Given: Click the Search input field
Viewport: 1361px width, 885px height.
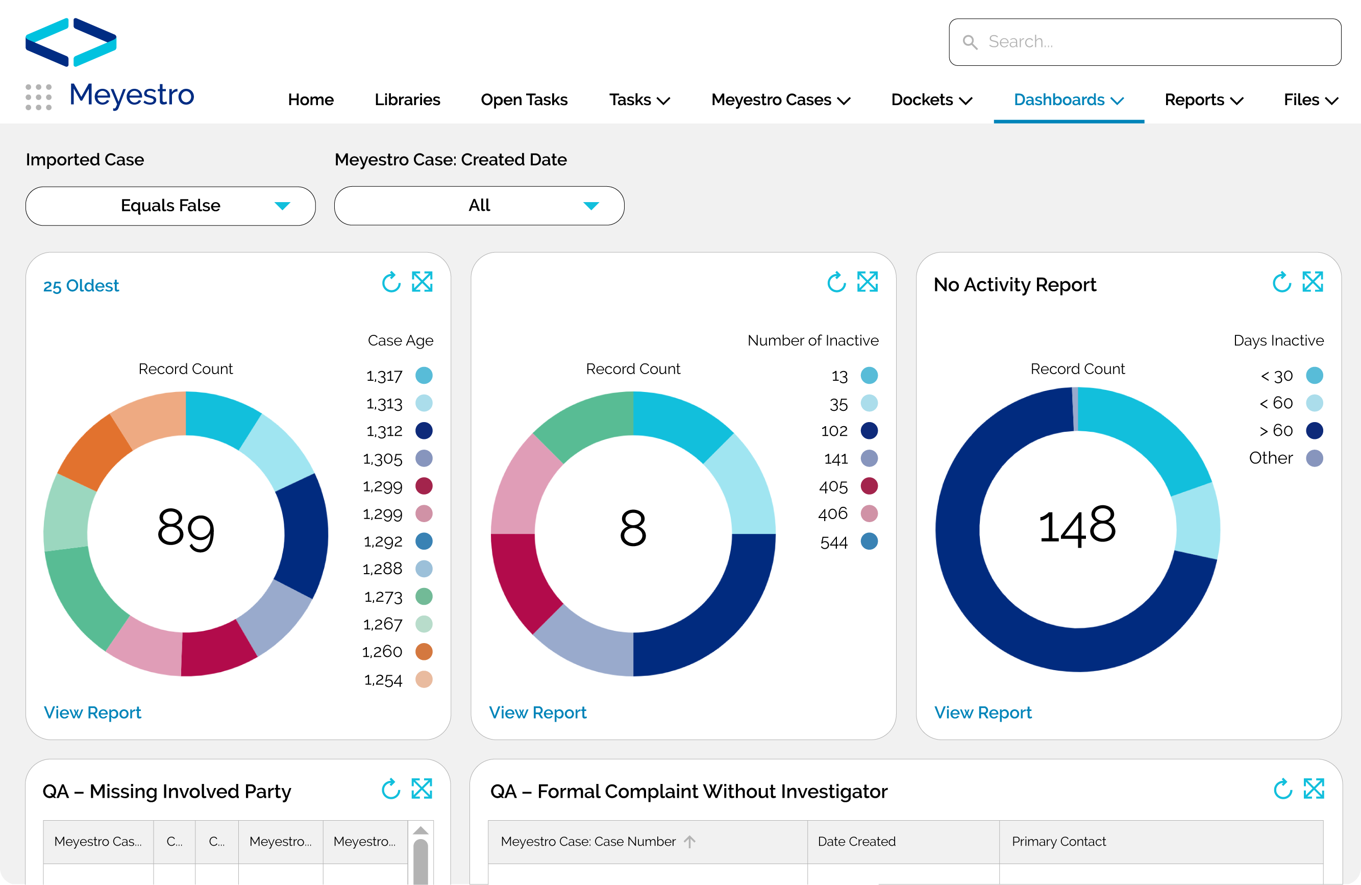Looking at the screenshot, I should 1144,42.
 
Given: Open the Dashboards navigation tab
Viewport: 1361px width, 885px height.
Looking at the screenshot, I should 1068,100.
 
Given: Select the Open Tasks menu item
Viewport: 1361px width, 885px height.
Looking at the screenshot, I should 524,100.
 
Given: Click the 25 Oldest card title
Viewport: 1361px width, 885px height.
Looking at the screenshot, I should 81,285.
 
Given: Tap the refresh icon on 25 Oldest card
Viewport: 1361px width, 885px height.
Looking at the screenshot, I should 391,282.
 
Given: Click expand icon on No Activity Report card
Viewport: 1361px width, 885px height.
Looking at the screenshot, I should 1313,282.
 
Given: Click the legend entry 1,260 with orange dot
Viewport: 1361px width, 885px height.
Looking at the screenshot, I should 397,652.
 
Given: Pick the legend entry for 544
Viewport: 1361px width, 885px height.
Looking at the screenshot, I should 848,542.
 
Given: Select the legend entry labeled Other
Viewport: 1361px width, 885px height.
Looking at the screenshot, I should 1284,458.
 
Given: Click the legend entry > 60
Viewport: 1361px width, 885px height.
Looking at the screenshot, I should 1290,431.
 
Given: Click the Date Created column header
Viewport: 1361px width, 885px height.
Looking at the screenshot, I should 856,842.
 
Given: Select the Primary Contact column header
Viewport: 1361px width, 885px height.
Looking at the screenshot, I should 1058,842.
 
